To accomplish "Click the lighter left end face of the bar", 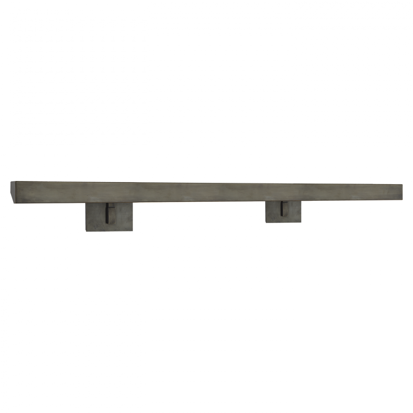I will pos(12,192).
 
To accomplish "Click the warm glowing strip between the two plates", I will pos(198,203).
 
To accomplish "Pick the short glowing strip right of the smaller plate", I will pos(309,202).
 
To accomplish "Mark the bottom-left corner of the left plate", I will pos(86,231).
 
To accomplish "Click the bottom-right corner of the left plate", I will pos(133,231).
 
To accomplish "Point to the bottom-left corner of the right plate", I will pos(266,223).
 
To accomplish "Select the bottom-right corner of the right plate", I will pos(301,223).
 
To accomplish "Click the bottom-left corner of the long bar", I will pos(11,203).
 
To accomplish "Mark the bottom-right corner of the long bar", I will pos(402,201).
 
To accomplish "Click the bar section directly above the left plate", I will pos(109,192).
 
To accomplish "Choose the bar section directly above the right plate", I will pos(283,192).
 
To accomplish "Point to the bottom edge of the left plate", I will pos(109,230).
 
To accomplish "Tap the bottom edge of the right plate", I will pos(283,222).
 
